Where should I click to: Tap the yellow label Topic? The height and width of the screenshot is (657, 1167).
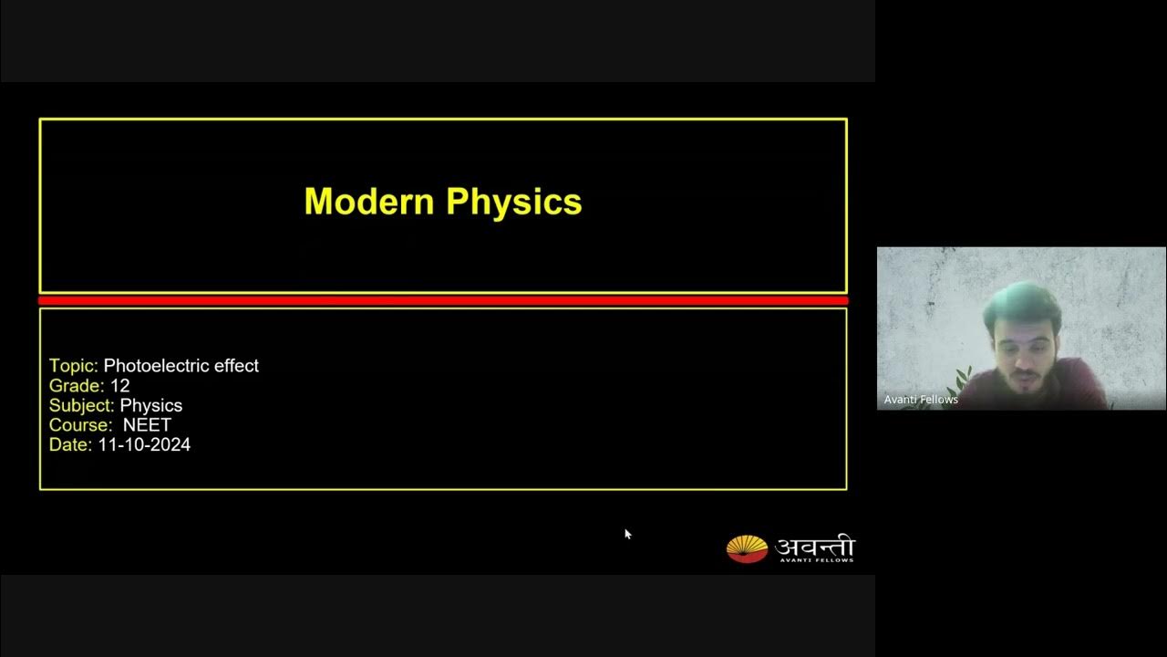(73, 366)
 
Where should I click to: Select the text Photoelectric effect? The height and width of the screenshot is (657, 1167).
(181, 366)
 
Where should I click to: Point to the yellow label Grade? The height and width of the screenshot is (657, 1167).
(77, 386)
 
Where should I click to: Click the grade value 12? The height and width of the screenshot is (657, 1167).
(119, 386)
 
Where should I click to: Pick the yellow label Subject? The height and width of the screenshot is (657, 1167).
(81, 406)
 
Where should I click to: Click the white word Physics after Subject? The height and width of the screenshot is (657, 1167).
(151, 406)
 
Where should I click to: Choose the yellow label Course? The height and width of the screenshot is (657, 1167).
(80, 425)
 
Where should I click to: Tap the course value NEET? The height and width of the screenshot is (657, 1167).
(148, 425)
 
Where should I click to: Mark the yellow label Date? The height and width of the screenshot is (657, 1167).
(70, 445)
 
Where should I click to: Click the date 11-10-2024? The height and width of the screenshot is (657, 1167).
(144, 445)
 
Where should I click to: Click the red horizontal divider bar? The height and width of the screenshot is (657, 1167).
(443, 300)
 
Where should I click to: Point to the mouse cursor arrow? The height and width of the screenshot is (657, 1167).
(627, 534)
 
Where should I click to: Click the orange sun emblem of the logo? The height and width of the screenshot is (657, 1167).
(747, 548)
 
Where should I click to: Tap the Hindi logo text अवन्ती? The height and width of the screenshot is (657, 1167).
(814, 546)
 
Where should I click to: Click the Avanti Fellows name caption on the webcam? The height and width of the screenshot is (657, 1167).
(921, 400)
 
